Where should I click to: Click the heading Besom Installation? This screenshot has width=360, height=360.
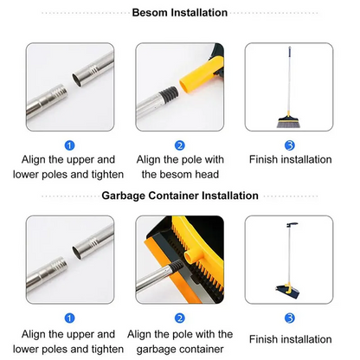point(179,13)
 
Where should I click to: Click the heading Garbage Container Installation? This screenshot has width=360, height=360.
point(179,196)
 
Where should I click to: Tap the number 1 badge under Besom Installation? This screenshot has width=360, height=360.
point(69,145)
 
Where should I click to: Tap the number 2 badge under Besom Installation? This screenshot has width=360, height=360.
point(179,145)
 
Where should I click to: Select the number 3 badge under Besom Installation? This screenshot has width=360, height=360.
point(290,145)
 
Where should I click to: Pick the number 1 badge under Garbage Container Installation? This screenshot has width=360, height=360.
point(69,317)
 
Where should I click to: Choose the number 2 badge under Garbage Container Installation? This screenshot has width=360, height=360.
point(179,317)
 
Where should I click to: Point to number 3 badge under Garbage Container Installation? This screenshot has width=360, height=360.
point(290,317)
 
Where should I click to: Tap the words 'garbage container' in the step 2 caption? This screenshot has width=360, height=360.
point(179,349)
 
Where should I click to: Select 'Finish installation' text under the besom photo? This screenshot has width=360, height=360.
point(290,160)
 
